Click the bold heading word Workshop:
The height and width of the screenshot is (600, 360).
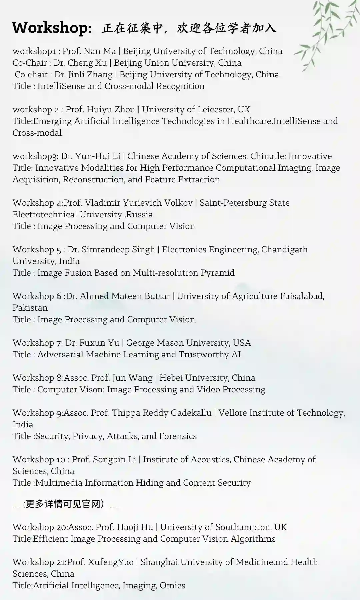pyautogui.click(x=52, y=28)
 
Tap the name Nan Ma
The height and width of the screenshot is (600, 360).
pyautogui.click(x=100, y=51)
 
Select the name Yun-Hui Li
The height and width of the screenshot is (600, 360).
pyautogui.click(x=98, y=156)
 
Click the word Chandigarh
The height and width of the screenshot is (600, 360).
pyautogui.click(x=284, y=250)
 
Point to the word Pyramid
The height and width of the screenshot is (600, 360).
pyautogui.click(x=217, y=273)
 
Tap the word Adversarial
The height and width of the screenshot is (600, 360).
pyautogui.click(x=60, y=355)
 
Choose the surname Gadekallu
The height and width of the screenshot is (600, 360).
pyautogui.click(x=191, y=413)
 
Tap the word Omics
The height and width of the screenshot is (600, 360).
pyautogui.click(x=172, y=586)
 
